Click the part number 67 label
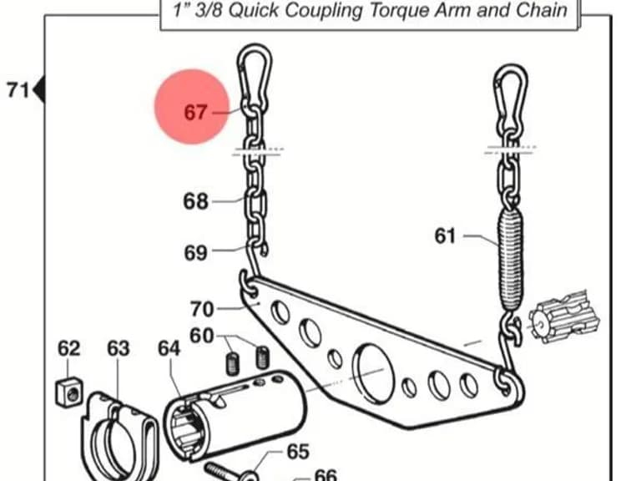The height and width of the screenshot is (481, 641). pyautogui.click(x=195, y=112)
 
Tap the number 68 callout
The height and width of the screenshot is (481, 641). pyautogui.click(x=196, y=201)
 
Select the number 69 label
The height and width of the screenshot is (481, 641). pyautogui.click(x=196, y=253)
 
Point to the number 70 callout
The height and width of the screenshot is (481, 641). pyautogui.click(x=202, y=309)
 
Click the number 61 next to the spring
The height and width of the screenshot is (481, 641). pyautogui.click(x=445, y=236)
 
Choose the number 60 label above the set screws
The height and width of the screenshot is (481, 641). pyautogui.click(x=202, y=336)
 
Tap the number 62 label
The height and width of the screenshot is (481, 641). pyautogui.click(x=68, y=348)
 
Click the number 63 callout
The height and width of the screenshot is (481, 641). pyautogui.click(x=119, y=348)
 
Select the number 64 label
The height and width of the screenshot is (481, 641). pyautogui.click(x=169, y=348)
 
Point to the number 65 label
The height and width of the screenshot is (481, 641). pyautogui.click(x=298, y=452)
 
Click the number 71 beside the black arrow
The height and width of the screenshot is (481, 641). pyautogui.click(x=18, y=90)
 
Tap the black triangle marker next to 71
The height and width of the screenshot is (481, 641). pyautogui.click(x=39, y=89)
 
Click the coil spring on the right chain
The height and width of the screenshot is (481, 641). pyautogui.click(x=510, y=261)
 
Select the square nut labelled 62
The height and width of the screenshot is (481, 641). pyautogui.click(x=68, y=392)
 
